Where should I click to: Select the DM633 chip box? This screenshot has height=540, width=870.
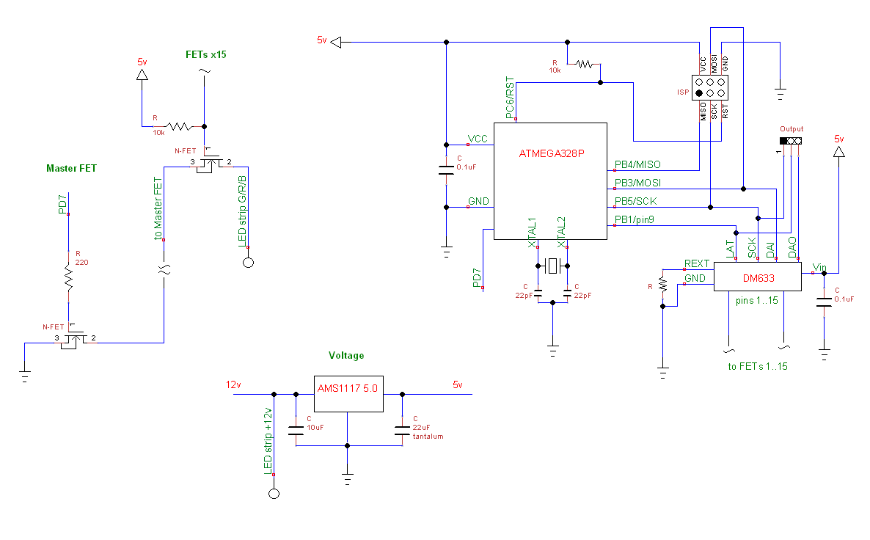(x=756, y=279)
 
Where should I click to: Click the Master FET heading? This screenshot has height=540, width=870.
(x=71, y=168)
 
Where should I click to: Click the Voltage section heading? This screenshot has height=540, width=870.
(x=346, y=355)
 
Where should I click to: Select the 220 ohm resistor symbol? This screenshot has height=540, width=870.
(x=68, y=277)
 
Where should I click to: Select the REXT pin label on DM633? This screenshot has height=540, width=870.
(x=696, y=263)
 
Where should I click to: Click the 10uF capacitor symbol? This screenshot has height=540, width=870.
(x=296, y=431)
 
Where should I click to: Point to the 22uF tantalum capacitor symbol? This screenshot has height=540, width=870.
(x=401, y=431)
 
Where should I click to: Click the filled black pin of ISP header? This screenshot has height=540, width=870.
(x=700, y=94)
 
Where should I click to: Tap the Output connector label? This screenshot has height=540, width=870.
(x=792, y=128)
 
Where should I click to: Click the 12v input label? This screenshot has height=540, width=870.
(x=233, y=384)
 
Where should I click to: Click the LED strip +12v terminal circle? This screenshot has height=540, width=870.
(x=274, y=493)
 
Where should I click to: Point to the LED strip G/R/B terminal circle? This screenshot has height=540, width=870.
(x=248, y=263)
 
